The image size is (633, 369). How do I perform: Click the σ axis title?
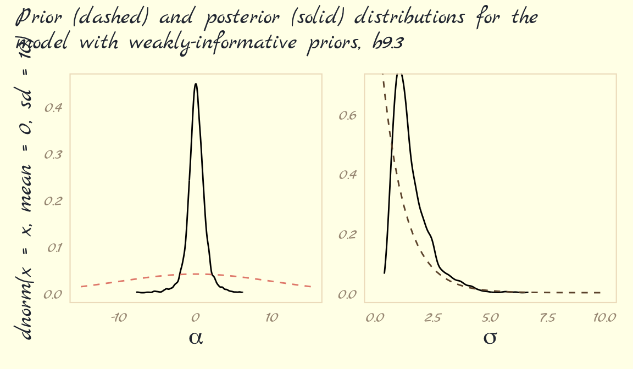490,337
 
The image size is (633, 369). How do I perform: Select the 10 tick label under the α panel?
271,317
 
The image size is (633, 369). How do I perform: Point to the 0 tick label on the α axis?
195,317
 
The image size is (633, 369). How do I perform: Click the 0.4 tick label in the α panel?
53,107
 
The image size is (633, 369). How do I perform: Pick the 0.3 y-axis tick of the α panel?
53,154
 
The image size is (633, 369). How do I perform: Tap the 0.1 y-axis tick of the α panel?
54,248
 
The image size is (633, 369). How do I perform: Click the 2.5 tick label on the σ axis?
432,317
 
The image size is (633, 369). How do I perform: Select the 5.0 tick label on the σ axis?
490,317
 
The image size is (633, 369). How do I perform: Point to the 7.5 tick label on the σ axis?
547,317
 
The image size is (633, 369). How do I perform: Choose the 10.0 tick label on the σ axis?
604,317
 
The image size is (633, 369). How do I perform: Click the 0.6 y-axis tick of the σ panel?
348,115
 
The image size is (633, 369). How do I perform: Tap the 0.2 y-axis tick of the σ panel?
348,234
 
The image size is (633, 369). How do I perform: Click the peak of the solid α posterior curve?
196,84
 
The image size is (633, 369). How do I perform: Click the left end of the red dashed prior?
81,286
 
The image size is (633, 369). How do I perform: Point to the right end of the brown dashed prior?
600,292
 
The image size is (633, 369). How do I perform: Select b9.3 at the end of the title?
388,42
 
